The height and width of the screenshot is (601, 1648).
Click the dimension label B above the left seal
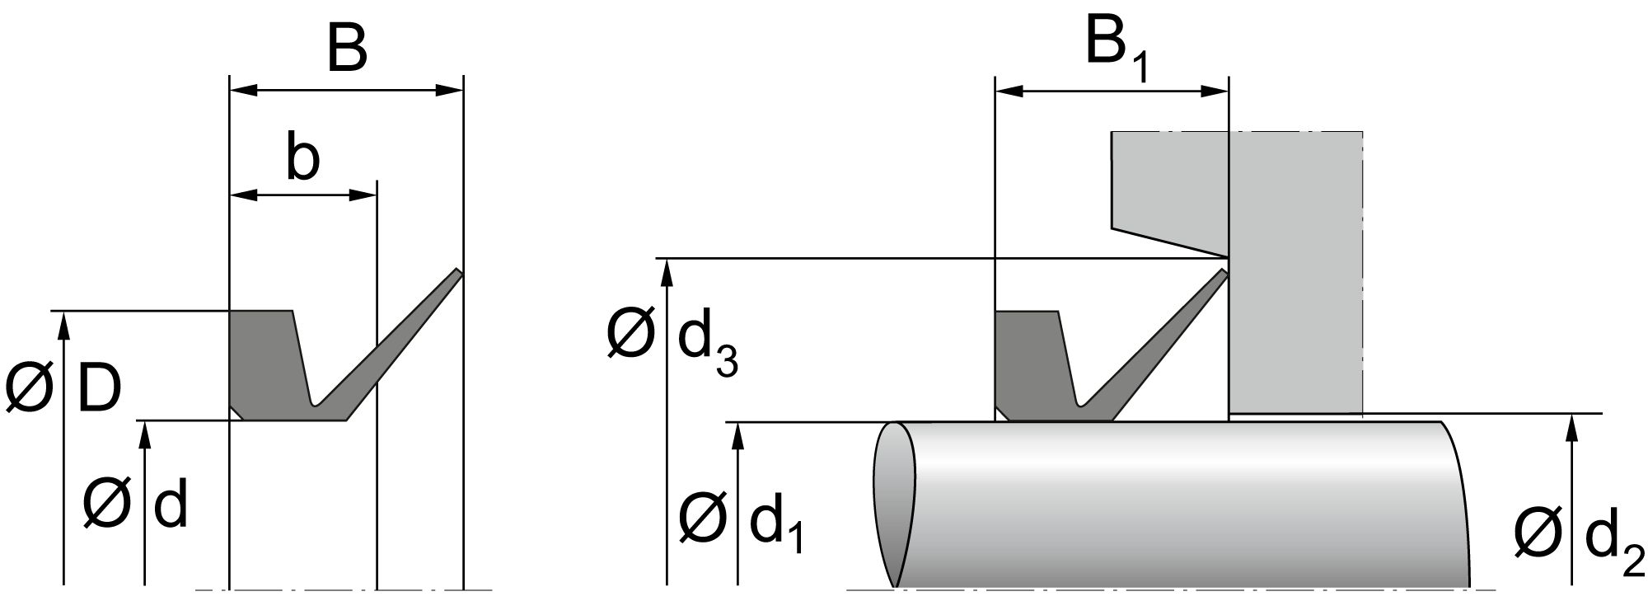pyautogui.click(x=346, y=49)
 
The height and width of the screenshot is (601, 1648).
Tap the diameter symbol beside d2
pyautogui.click(x=1538, y=533)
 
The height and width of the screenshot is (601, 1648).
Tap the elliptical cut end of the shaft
pyautogui.click(x=894, y=505)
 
